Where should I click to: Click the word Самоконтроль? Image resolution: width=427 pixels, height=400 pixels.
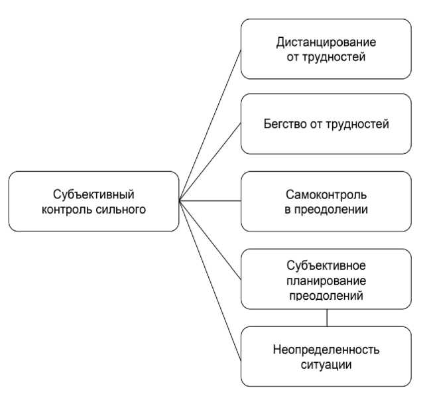point(326,196)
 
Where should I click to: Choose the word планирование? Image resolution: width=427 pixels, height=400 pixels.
point(326,281)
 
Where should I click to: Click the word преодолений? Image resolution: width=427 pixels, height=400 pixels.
point(326,295)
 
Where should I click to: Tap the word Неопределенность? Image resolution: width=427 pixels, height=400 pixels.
point(326,350)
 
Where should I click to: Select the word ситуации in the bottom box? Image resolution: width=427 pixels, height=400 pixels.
point(326,364)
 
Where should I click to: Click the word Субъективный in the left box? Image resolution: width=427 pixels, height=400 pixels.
point(94,194)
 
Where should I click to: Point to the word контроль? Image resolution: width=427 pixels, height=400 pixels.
point(73,209)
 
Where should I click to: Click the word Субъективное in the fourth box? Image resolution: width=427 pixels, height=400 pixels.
point(326,267)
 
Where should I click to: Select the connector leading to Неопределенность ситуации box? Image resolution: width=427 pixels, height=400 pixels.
point(210,276)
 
